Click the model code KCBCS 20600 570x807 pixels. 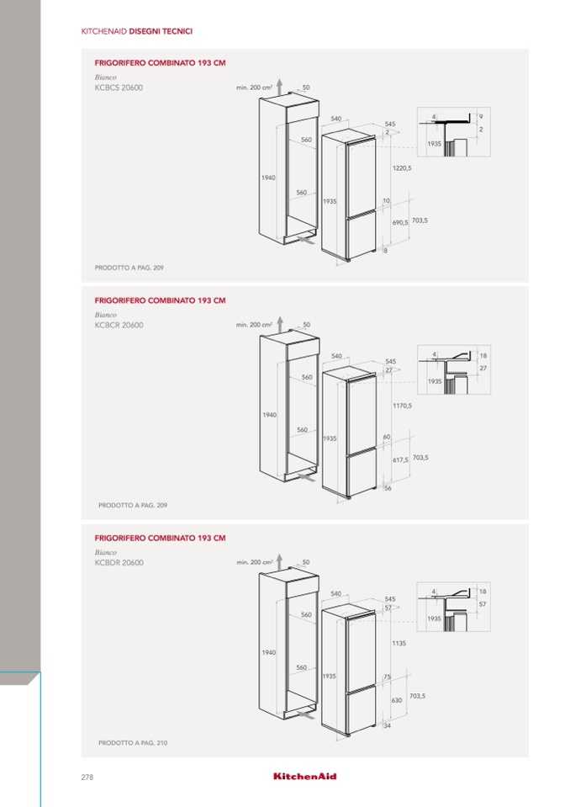point(119,88)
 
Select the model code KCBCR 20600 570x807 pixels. point(119,325)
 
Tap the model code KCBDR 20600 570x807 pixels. point(119,562)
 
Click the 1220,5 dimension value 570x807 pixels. point(402,167)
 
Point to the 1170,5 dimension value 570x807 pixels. point(402,406)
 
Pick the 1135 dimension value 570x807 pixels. point(398,643)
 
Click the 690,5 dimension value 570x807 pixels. point(400,223)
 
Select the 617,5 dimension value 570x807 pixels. point(400,460)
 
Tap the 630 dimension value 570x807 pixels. point(397,700)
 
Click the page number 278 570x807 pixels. point(87,778)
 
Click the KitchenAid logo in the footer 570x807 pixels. point(305,776)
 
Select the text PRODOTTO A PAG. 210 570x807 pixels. point(133,743)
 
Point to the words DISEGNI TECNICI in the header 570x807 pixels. point(161,31)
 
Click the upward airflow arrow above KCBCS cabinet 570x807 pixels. point(279,87)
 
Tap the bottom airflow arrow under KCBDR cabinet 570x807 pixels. point(305,715)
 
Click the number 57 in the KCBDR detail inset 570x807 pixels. point(482,604)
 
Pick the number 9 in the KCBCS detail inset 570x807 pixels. point(481,117)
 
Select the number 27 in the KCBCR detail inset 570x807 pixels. point(483,368)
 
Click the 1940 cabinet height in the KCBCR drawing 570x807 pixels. point(269,415)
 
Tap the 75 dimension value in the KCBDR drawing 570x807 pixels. point(387,677)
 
